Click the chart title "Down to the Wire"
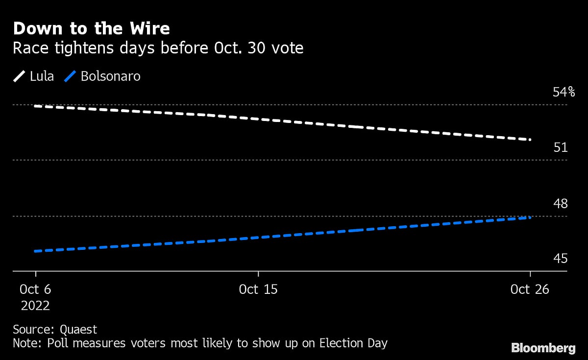pos(91,28)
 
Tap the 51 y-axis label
pos(560,147)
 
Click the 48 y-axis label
pos(560,203)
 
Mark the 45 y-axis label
pos(560,259)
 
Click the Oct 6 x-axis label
pos(35,289)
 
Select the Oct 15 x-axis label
pos(258,289)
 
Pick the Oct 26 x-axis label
pos(530,289)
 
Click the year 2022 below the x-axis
pos(35,306)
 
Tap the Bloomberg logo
pos(543,348)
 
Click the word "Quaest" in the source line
pos(78,330)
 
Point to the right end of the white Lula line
pos(530,140)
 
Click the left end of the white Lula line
pos(35,105)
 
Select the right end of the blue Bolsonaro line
pos(530,217)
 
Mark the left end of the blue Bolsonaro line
pos(35,251)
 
